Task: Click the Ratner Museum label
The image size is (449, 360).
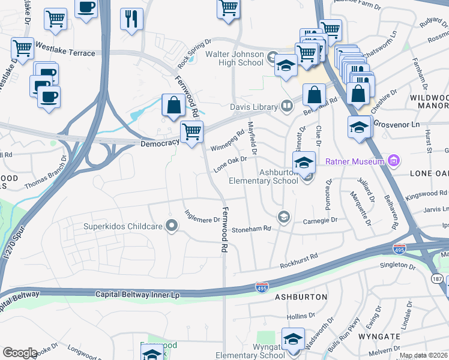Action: pos(355,161)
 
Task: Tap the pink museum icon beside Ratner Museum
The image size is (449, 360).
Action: pos(394,161)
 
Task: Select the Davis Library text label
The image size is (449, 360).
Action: pos(253,107)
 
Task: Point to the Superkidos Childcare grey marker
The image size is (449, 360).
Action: pos(172,226)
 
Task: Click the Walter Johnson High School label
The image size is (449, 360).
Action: pos(234,58)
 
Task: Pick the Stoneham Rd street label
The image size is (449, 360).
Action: pos(252,229)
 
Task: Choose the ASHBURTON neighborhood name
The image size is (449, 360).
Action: pos(301,297)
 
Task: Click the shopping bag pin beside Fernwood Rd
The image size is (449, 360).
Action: pos(173,105)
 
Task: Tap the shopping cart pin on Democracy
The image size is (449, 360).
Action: pos(191,131)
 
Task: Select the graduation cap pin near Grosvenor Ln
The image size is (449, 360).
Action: pos(360,127)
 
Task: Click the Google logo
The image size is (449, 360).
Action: pos(20,353)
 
